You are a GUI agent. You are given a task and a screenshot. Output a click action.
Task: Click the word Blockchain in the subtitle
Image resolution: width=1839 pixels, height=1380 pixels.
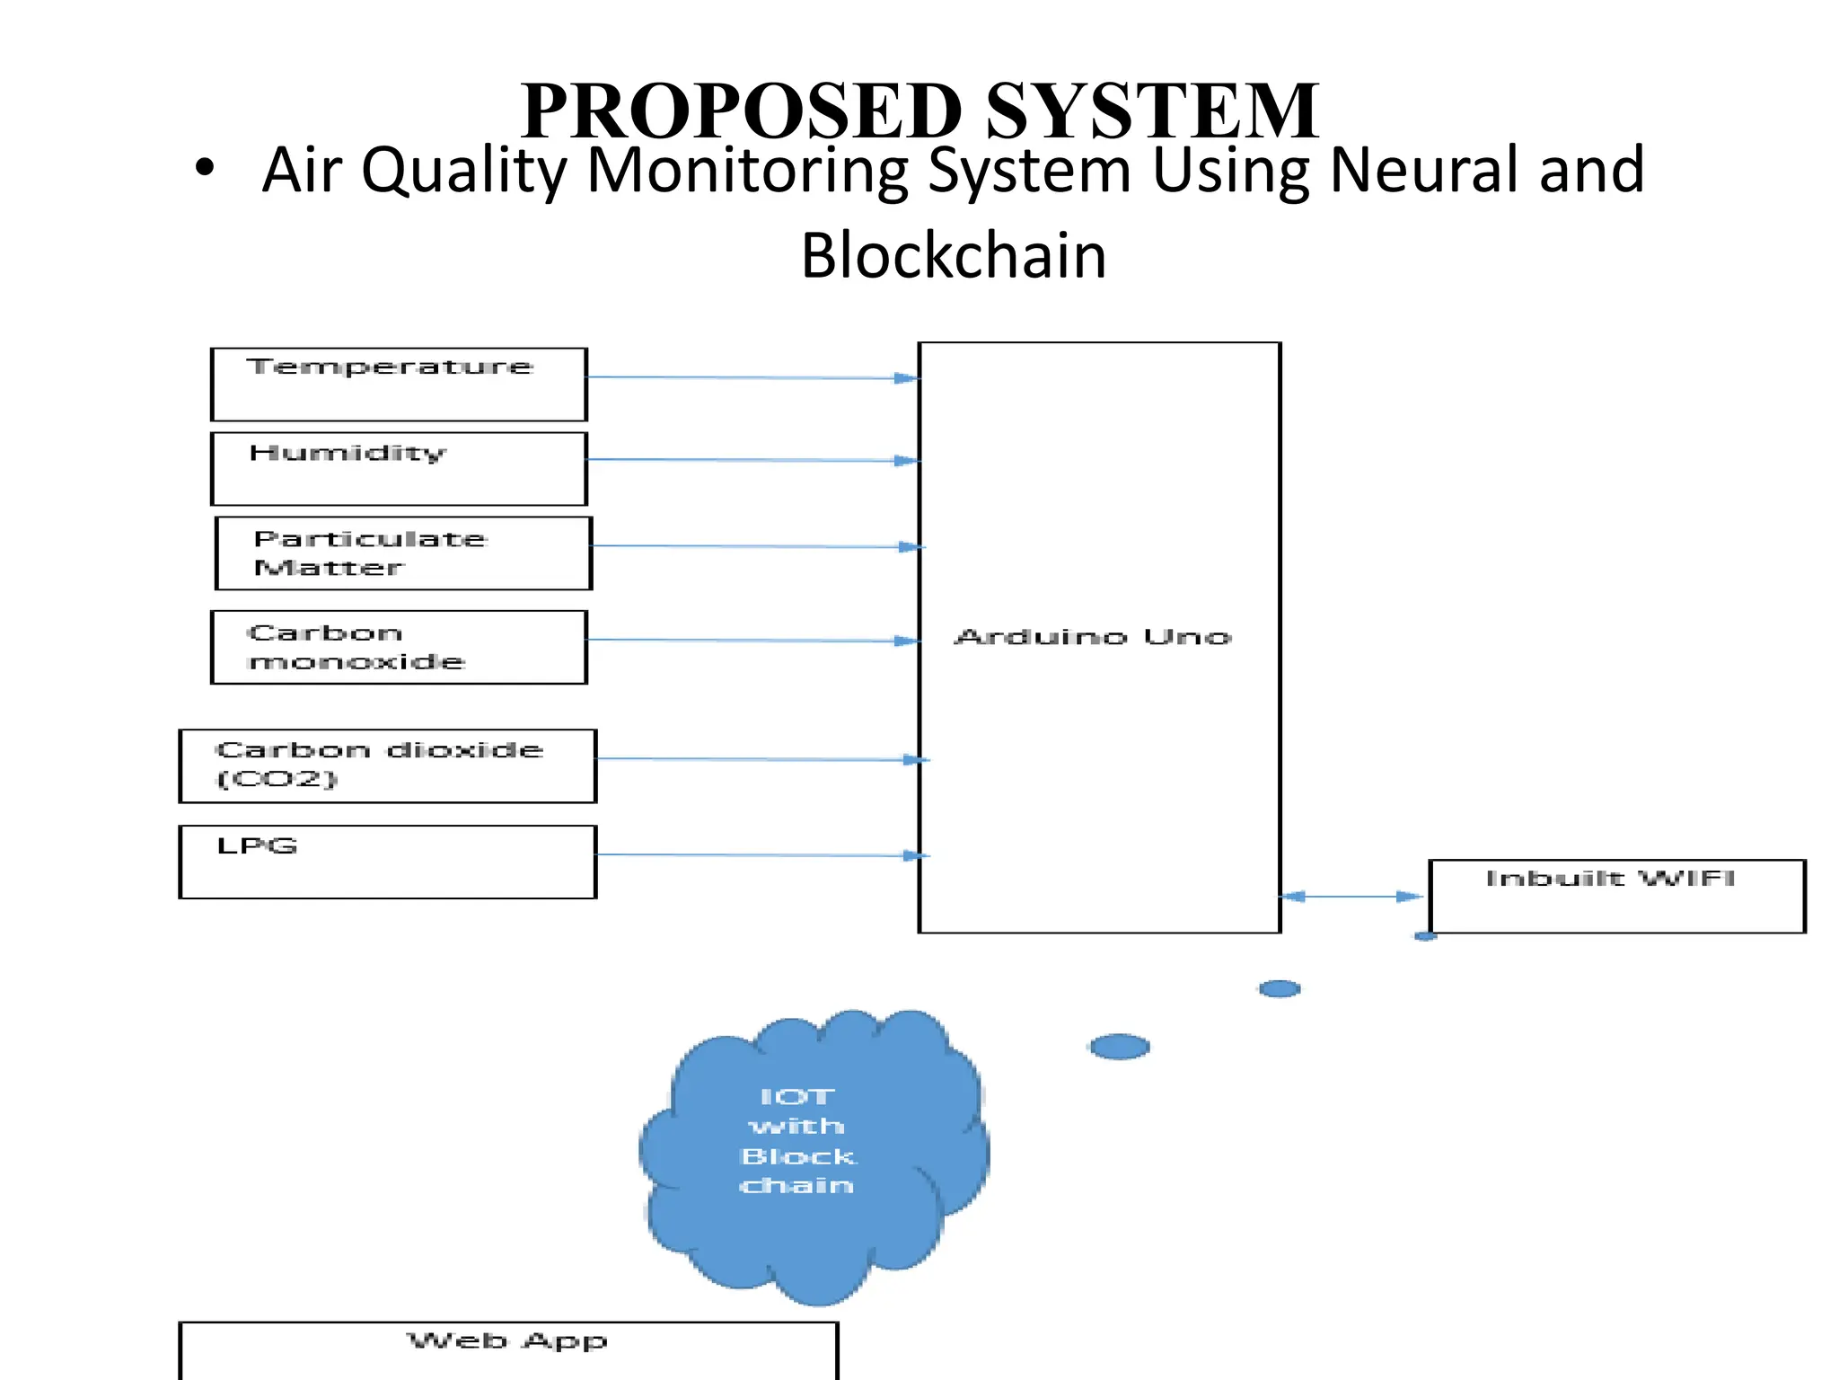(x=953, y=256)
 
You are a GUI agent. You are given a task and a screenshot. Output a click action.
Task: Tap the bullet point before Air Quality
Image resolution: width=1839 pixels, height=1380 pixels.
(x=205, y=168)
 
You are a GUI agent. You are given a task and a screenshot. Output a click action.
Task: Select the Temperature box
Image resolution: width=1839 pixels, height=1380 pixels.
(x=399, y=385)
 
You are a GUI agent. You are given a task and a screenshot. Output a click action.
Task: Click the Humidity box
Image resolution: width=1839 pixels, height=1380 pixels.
(x=399, y=469)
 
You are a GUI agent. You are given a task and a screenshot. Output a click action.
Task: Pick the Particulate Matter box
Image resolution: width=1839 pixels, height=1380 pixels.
(x=403, y=553)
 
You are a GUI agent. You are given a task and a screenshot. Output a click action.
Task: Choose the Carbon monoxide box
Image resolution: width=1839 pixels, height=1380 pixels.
(x=399, y=647)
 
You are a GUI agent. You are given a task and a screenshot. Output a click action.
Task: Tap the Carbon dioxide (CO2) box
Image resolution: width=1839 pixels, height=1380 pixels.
(x=387, y=765)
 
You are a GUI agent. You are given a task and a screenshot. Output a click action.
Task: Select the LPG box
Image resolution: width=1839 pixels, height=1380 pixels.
(x=387, y=862)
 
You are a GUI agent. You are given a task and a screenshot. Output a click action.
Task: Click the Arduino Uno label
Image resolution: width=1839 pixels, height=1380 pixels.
(x=1092, y=637)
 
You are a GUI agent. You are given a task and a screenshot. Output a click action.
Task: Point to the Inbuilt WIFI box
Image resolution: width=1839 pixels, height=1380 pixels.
(x=1615, y=896)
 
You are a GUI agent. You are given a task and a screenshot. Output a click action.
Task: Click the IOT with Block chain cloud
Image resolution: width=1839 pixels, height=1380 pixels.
(x=813, y=1154)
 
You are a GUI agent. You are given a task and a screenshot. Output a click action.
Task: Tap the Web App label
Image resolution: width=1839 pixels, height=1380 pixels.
(x=507, y=1341)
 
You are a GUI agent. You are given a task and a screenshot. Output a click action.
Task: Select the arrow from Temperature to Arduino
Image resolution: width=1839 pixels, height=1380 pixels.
(x=752, y=377)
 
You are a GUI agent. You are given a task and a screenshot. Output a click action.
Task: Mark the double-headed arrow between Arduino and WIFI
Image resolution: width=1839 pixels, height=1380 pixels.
(x=1352, y=896)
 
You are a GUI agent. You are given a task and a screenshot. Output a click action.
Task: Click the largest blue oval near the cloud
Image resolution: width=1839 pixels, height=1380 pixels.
(x=1119, y=1047)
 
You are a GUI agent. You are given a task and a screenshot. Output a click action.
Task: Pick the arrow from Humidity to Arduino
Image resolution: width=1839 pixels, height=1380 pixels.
(x=752, y=460)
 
